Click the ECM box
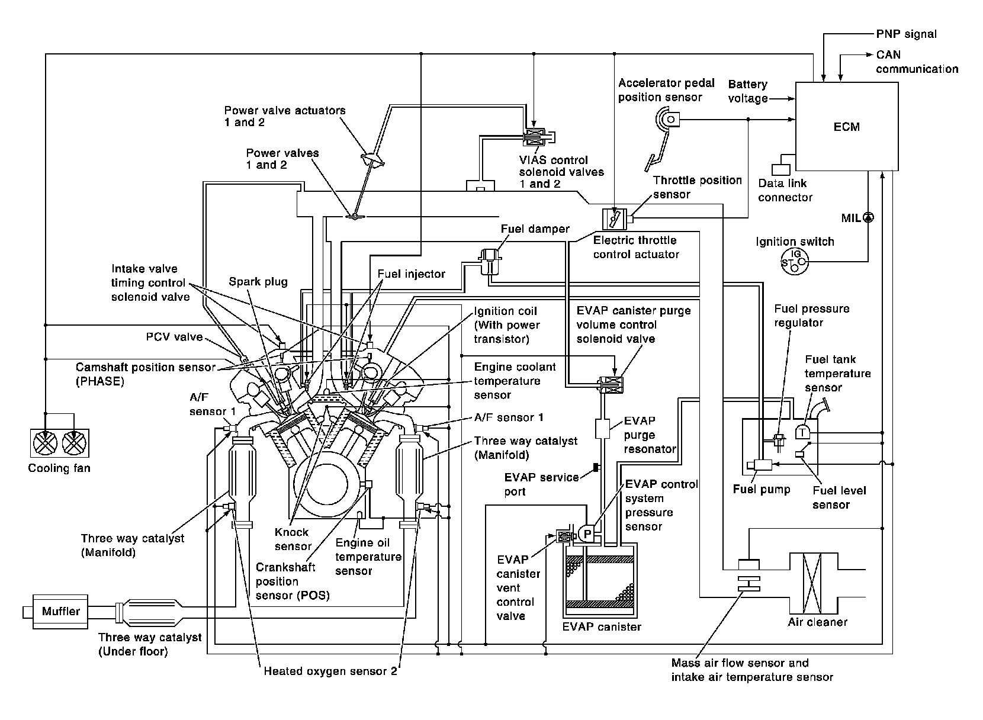[846, 126]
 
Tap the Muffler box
[61, 610]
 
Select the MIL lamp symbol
[868, 217]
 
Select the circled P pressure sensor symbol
[587, 533]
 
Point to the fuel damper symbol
[491, 256]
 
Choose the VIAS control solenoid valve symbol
[535, 137]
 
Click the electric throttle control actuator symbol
[611, 219]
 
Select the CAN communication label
[917, 62]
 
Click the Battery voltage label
[747, 91]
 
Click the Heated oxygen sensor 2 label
[330, 671]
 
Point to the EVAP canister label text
[601, 626]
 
